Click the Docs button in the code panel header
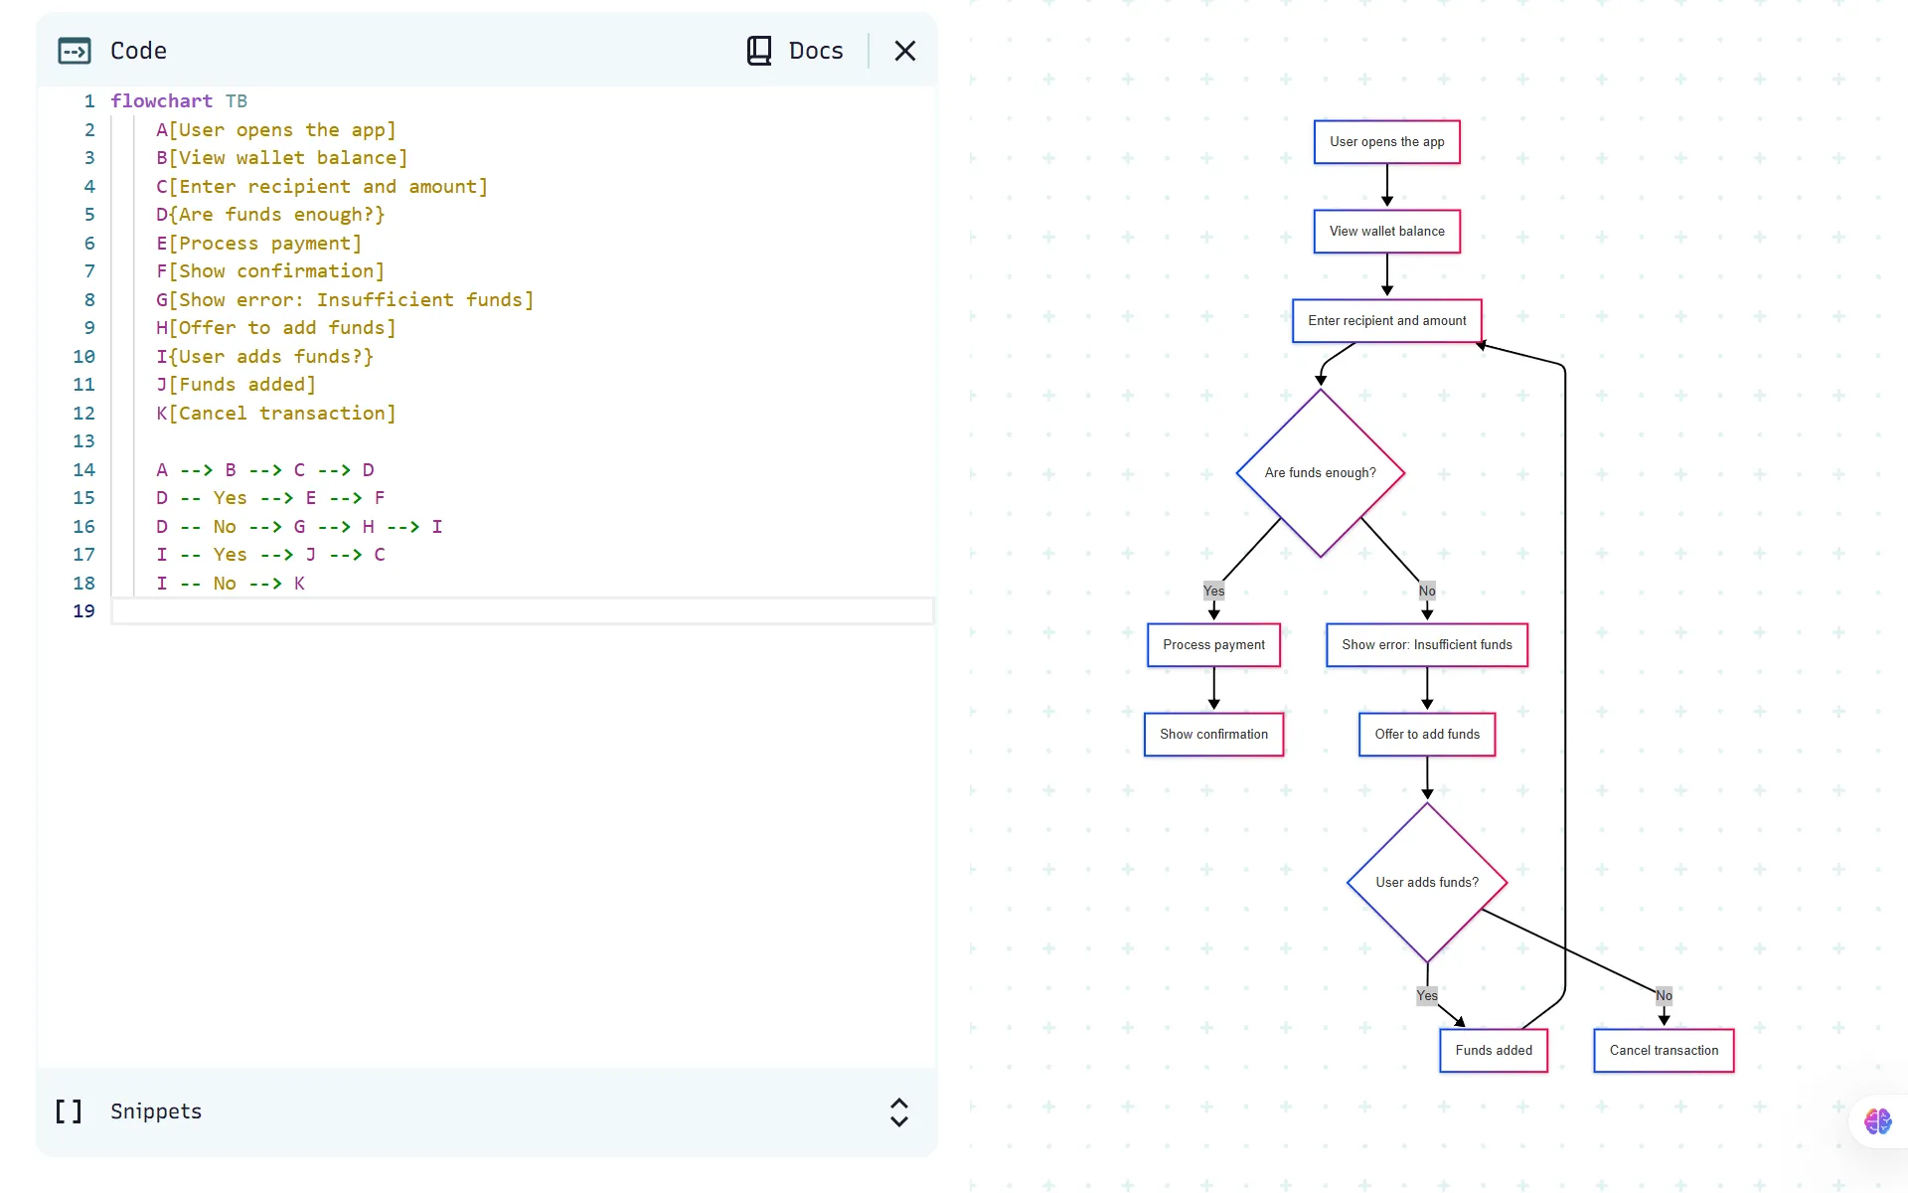pos(795,51)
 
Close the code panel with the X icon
pos(904,51)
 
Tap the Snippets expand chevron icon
pos(899,1111)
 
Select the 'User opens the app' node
pos(1386,142)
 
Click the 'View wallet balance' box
pos(1386,232)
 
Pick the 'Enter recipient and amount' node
pos(1386,321)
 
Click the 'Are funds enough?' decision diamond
pos(1320,473)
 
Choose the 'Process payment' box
pos(1213,645)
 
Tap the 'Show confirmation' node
pos(1213,735)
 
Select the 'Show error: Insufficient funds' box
pos(1426,645)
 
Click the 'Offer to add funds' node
pos(1426,735)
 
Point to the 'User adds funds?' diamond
pos(1426,883)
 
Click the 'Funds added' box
pos(1493,1051)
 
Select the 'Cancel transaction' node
pos(1664,1051)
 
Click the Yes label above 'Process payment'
pos(1213,592)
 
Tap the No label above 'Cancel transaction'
pos(1664,996)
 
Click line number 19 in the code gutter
pos(84,611)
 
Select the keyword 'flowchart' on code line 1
pos(161,101)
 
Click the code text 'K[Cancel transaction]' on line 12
pos(275,414)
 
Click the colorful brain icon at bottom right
pos(1877,1121)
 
